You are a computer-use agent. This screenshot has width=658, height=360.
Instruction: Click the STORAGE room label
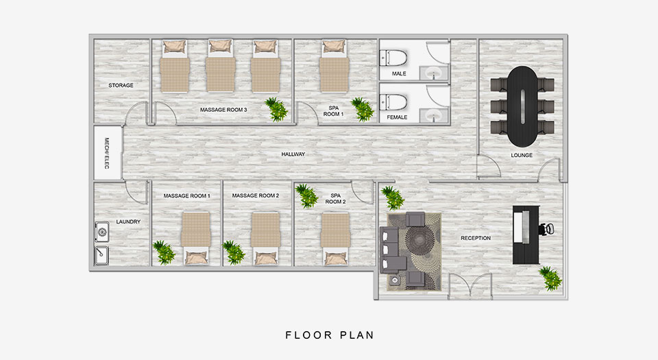(121, 85)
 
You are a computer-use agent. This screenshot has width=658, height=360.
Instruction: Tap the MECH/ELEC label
(107, 153)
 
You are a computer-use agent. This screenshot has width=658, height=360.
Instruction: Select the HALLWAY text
(293, 154)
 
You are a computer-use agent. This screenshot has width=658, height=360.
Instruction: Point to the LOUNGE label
(522, 155)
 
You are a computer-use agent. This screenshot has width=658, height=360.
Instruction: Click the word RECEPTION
(476, 238)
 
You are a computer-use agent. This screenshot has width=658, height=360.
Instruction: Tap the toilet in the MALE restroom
(393, 58)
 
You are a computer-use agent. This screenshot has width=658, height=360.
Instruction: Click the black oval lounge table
(522, 106)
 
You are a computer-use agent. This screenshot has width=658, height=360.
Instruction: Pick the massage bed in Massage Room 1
(196, 239)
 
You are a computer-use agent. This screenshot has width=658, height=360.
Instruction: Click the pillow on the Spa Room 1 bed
(334, 46)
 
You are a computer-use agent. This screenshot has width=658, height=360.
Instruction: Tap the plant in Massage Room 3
(276, 109)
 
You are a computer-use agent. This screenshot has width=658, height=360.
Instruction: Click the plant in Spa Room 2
(307, 195)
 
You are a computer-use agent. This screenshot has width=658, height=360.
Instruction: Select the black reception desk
(526, 235)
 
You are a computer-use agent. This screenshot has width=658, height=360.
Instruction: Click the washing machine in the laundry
(102, 232)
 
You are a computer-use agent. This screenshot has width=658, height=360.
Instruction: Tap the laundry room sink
(102, 255)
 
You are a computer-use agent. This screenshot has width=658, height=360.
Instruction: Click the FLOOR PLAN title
(330, 335)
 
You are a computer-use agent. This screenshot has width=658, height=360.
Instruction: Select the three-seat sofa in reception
(389, 250)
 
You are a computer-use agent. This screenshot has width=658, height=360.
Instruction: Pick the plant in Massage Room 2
(233, 252)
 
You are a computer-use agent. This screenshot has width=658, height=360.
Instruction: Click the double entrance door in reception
(470, 286)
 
